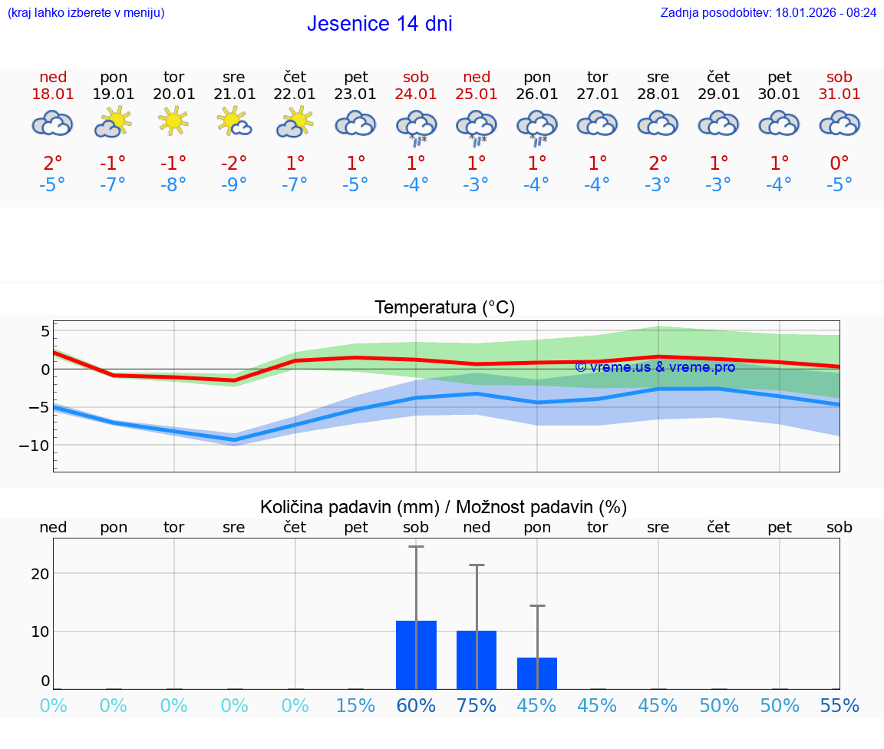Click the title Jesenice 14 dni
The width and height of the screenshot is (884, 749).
click(x=379, y=24)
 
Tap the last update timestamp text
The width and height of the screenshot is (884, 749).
click(x=768, y=12)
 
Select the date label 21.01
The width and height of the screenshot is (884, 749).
click(x=234, y=94)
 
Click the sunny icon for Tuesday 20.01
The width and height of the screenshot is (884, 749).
click(x=174, y=122)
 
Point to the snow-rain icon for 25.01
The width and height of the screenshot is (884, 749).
click(x=477, y=127)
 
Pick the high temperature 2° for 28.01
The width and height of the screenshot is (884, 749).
click(x=658, y=163)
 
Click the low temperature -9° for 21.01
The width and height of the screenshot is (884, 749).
click(x=234, y=185)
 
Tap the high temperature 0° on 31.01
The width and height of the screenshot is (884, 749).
click(x=839, y=163)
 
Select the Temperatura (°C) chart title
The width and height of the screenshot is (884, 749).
click(x=444, y=308)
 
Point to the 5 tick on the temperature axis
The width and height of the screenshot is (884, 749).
click(x=45, y=331)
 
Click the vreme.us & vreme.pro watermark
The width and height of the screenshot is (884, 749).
click(x=655, y=367)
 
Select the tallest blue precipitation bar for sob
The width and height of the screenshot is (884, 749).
click(x=416, y=655)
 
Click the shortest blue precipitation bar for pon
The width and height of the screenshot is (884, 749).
click(x=537, y=674)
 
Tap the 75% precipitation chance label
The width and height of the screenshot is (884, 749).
click(x=477, y=705)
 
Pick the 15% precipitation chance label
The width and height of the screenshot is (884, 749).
click(x=355, y=705)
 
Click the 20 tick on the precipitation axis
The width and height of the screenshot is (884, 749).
click(x=40, y=574)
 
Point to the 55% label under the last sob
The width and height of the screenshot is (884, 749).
click(x=839, y=705)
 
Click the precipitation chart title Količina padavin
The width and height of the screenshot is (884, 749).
click(x=444, y=507)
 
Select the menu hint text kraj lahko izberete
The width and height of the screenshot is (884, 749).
click(x=86, y=12)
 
